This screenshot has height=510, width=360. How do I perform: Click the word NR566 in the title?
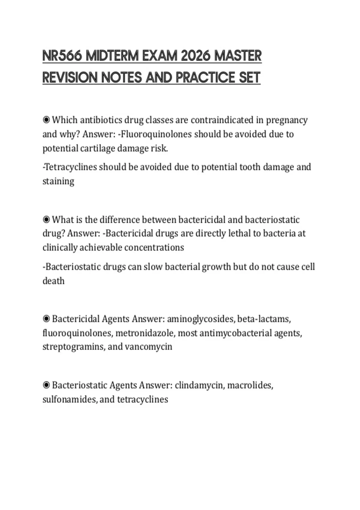point(62,56)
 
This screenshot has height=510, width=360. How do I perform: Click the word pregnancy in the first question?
point(287,120)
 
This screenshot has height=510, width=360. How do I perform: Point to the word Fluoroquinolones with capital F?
point(156,134)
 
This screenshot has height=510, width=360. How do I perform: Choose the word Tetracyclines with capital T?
point(71,167)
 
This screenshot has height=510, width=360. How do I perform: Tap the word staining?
point(58,181)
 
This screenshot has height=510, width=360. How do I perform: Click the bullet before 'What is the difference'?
point(46,220)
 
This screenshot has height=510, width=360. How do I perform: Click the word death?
point(53,281)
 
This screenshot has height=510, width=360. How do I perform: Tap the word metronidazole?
point(144,333)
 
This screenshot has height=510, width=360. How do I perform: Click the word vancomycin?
point(148,347)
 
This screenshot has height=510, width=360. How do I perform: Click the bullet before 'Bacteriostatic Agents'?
point(46,385)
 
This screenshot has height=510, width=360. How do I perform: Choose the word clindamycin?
point(199,385)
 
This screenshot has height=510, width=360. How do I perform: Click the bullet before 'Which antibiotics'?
point(46,120)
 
